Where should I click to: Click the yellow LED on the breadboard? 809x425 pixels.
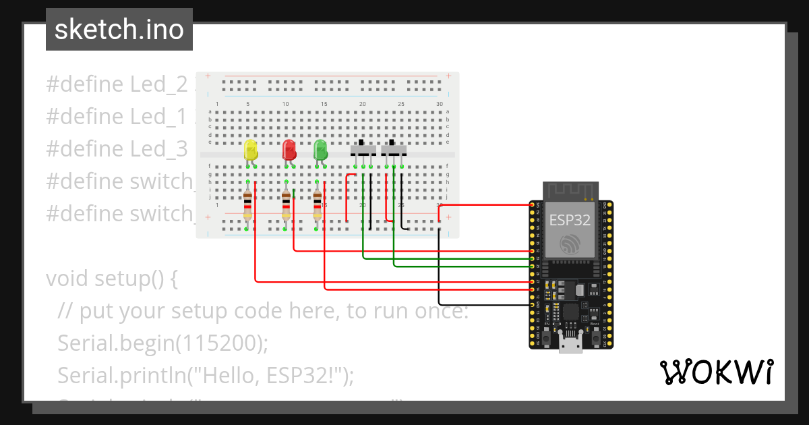[x=251, y=151]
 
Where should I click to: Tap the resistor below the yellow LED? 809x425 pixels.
[x=247, y=206]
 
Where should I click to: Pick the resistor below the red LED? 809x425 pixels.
[x=287, y=206]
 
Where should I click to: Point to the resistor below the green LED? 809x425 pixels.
[x=318, y=206]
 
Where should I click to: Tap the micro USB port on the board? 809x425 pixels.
[x=571, y=345]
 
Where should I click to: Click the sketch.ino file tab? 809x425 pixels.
[x=119, y=30]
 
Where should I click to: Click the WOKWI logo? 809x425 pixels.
[x=716, y=372]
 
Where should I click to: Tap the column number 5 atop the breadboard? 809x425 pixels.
[x=249, y=104]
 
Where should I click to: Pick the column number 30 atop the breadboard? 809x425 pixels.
[x=440, y=104]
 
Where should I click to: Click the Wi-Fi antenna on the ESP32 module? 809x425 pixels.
[x=571, y=192]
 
